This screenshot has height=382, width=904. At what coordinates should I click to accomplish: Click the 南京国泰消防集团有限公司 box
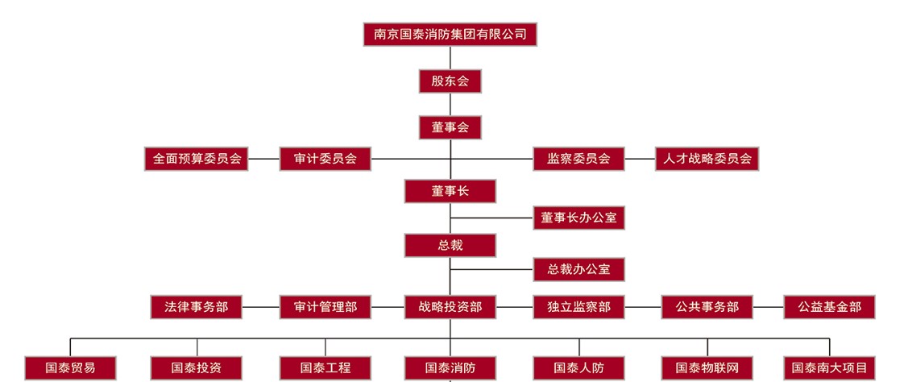[450, 34]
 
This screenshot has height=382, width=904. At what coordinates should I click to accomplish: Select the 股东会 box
[450, 81]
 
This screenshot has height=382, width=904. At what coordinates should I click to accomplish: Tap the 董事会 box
[450, 127]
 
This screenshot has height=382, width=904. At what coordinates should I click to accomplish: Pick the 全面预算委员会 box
[197, 159]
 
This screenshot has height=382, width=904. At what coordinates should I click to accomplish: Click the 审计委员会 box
[326, 159]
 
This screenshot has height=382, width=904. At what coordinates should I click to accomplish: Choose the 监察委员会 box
[578, 159]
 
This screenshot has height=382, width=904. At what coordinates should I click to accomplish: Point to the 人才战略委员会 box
[707, 159]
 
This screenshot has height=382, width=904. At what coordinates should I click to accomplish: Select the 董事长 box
[450, 191]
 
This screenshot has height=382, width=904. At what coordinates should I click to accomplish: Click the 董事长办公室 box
[578, 218]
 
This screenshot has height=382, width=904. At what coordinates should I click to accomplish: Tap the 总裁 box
[450, 245]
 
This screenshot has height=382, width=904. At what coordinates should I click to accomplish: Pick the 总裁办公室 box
[578, 269]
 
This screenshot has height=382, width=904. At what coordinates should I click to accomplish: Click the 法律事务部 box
[197, 307]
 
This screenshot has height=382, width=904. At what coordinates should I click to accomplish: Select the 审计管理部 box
[326, 307]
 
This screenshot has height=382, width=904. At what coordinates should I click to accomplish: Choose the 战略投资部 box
[450, 307]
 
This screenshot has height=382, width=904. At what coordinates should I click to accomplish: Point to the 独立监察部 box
[578, 307]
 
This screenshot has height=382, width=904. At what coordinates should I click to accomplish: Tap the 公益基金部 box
[829, 307]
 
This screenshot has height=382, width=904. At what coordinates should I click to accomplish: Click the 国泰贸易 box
[71, 368]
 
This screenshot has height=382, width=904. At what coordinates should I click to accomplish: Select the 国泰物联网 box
[707, 368]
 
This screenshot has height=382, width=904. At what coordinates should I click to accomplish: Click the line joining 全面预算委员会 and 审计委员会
[264, 159]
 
